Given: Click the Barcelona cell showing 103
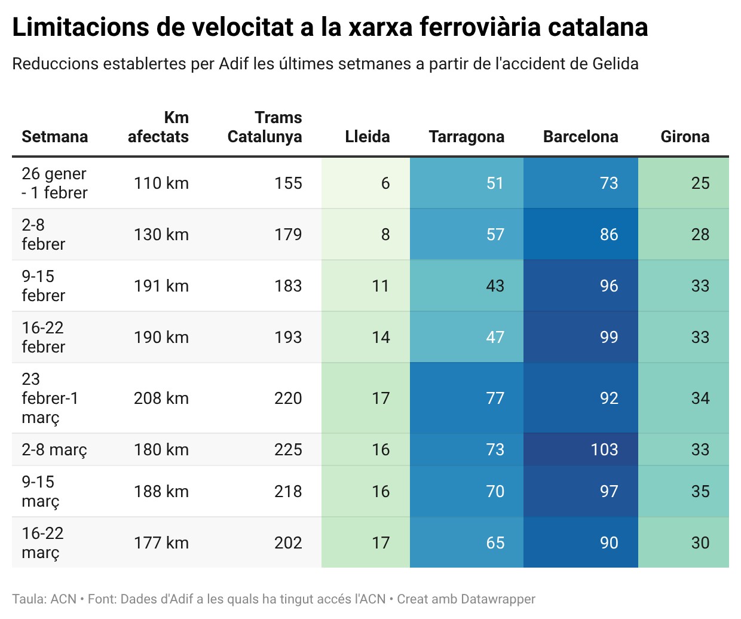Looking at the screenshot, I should coord(604,449).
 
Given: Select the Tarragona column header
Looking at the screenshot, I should coord(466,137).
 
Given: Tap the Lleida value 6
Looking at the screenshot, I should coord(385,183).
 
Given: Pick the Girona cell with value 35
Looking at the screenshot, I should coord(700,491).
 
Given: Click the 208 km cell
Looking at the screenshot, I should coord(161,398).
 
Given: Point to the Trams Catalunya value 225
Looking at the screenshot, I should coord(288,449).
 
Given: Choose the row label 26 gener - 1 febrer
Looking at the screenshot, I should coord(54,183).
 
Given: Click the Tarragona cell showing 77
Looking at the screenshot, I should coord(495,398).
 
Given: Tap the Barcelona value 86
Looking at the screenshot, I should coord(608,234).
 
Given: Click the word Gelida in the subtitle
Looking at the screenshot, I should coord(616,64).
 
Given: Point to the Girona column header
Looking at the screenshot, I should coord(685,137).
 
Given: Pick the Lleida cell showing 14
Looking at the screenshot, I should coord(381,337).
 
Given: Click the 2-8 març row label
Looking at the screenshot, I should coord(54,449).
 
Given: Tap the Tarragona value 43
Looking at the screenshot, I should coord(495,286).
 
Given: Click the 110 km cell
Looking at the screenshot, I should coord(161,183).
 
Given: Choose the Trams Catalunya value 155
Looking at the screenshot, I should coord(288,183).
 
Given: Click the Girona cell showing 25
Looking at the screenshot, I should coord(700,183).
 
